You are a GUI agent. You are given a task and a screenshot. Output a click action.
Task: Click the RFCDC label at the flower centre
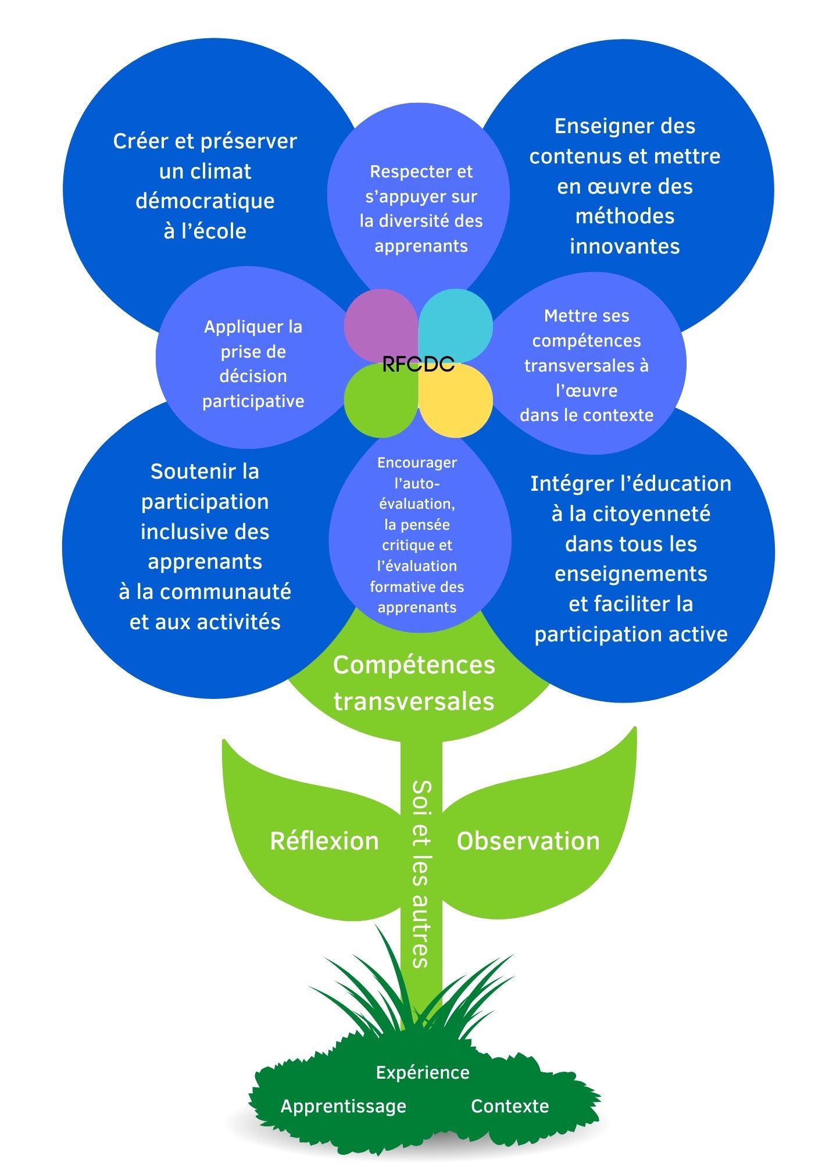click(418, 365)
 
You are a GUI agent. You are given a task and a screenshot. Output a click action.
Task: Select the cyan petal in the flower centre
click(456, 323)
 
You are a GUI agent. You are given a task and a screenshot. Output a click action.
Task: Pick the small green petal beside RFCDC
click(379, 402)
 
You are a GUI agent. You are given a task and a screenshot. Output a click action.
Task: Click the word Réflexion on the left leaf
click(324, 841)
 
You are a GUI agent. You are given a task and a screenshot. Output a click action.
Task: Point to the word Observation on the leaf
click(528, 841)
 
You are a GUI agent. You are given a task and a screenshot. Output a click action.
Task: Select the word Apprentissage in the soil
click(343, 1106)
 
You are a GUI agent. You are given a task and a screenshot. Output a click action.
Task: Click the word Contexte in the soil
click(510, 1106)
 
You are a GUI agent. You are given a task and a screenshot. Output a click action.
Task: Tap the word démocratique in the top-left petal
click(205, 201)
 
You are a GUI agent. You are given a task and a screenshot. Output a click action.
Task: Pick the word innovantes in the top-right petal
click(625, 247)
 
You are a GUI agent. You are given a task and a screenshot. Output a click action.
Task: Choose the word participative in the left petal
click(253, 401)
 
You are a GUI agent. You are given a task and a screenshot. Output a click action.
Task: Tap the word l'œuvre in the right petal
click(587, 390)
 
